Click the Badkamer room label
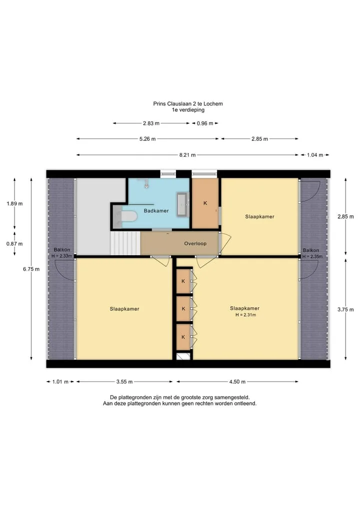coord(156,211)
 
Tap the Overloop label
coord(195,244)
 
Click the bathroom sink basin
coord(182,204)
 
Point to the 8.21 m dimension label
coord(187,155)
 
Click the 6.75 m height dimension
coord(31,269)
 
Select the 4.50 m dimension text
coord(237,382)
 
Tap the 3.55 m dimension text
coord(124,382)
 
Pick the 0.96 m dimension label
coord(205,123)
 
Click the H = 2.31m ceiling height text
coord(245,315)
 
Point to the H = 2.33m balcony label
coord(61,256)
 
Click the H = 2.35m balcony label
coord(312,257)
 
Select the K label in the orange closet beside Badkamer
coord(205,203)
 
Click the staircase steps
coord(125,243)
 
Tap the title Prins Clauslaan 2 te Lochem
coord(188,104)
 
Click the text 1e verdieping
coord(188,110)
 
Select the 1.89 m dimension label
coord(14,204)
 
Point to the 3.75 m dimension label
coord(345,310)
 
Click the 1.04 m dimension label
coord(315,155)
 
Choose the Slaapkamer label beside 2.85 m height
coord(260,217)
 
